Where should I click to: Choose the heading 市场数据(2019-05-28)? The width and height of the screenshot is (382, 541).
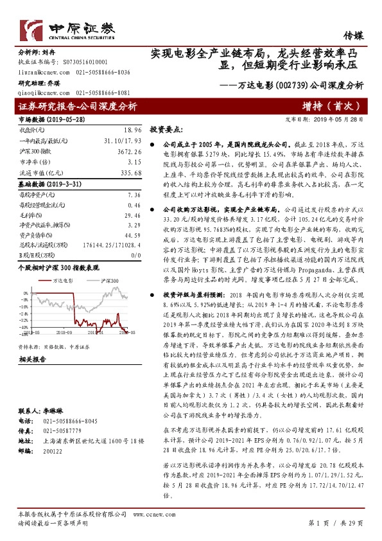49,119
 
